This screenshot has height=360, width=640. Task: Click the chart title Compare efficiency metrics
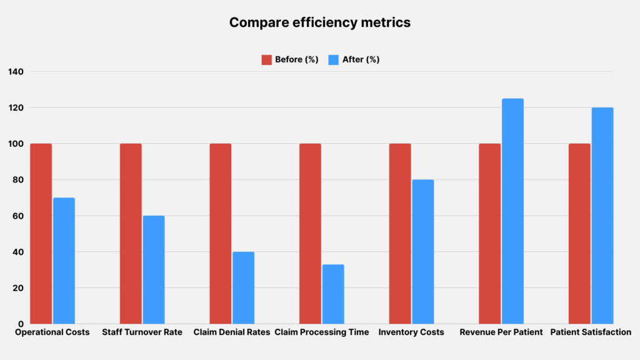(x=319, y=22)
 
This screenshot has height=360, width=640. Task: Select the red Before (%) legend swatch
(x=266, y=60)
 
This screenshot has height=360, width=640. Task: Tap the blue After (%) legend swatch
(x=333, y=60)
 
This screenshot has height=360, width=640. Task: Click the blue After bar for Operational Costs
(x=64, y=261)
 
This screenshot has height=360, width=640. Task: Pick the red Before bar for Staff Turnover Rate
(x=131, y=234)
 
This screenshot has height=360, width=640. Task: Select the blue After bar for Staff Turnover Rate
(x=154, y=270)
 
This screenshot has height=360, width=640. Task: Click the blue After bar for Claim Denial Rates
(x=243, y=287)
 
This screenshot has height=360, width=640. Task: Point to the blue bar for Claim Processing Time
(x=333, y=294)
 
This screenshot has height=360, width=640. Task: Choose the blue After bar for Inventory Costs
(x=423, y=252)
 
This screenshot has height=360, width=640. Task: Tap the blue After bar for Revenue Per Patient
(x=512, y=211)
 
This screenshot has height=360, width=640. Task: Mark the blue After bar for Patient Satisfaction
(x=602, y=216)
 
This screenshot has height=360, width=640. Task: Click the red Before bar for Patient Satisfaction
(x=579, y=234)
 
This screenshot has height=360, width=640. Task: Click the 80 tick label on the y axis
(x=18, y=180)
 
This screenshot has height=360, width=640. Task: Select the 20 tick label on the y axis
(x=18, y=288)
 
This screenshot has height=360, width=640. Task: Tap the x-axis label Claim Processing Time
(x=322, y=332)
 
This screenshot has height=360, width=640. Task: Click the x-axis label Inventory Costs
(x=411, y=332)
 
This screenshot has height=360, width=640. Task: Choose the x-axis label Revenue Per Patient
(x=501, y=332)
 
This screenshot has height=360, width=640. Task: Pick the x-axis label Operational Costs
(x=52, y=332)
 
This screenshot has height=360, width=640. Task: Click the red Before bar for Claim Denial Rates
(x=220, y=234)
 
